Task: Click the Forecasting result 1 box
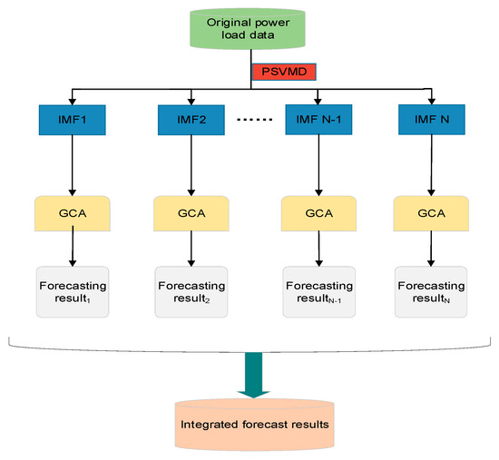pyautogui.click(x=73, y=291)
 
